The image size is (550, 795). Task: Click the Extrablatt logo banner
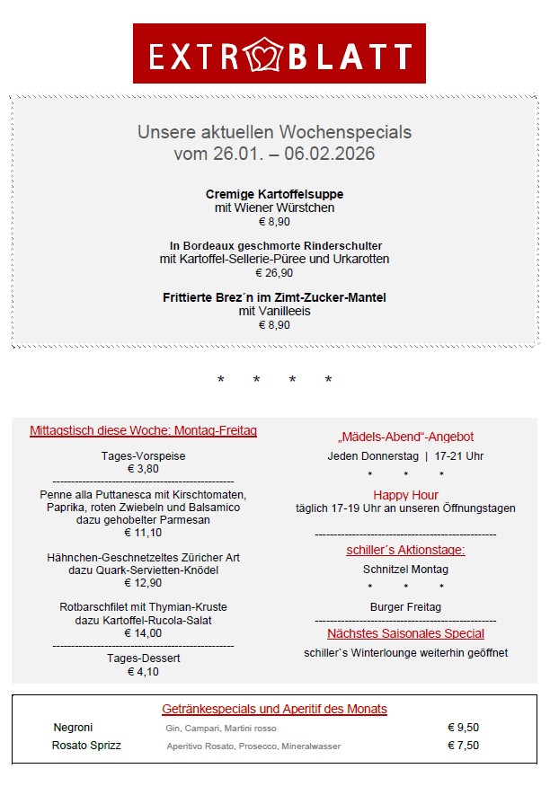pos(279,54)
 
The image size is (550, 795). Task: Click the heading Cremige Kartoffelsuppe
pos(274,194)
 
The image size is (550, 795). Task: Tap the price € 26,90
pos(274,273)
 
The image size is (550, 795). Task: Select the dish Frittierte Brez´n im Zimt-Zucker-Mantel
pos(274,297)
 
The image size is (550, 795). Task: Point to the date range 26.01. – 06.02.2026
pos(274,154)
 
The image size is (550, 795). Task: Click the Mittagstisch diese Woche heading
pos(143,431)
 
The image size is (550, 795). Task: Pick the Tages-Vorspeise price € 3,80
pos(143,469)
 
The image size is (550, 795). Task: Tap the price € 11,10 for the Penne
pos(143,533)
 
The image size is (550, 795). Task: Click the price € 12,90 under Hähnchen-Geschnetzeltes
pos(143,583)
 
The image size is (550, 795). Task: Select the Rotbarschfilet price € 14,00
pos(143,633)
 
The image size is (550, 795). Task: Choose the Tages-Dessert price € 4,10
pos(143,671)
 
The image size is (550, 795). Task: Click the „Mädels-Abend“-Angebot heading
pos(405,437)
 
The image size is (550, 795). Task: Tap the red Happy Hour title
pos(405,495)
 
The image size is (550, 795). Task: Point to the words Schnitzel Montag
pos(405,570)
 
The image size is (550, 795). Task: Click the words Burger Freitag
pos(405,607)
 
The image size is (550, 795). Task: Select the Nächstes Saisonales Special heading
pos(405,633)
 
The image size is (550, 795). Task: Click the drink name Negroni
pos(73,728)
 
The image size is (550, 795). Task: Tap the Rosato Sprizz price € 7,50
pos(463,746)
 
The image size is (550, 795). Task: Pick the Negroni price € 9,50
pos(463,728)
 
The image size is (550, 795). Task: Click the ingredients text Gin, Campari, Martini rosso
pos(221,729)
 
